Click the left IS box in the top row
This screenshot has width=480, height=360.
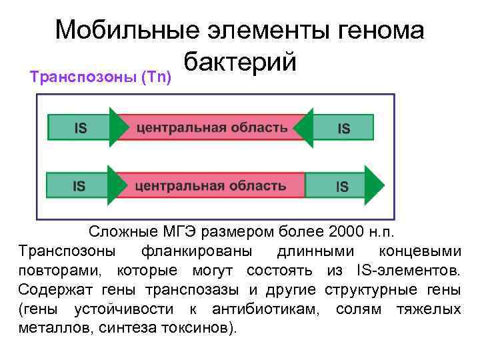79,127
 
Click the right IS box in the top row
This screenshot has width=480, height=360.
343,127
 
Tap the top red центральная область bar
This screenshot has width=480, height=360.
212,127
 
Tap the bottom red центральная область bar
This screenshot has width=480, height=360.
210,186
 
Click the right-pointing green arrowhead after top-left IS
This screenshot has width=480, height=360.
118,127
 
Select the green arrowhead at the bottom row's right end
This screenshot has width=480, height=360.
375,186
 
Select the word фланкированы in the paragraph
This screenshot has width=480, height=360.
194,251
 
